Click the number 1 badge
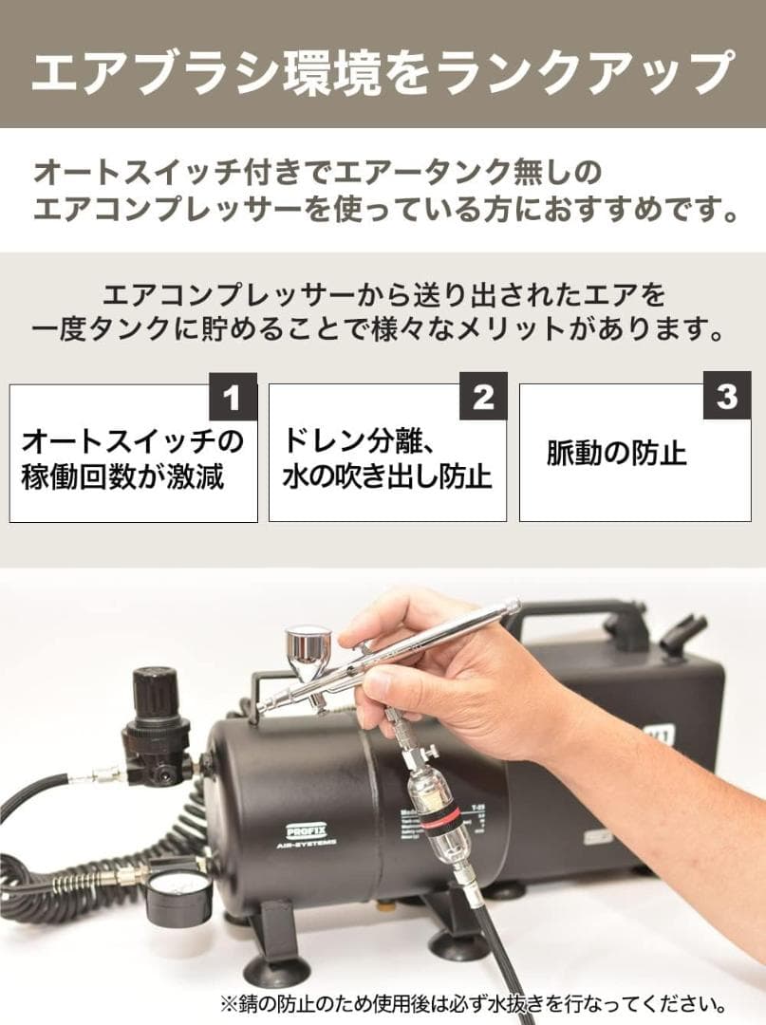coord(233,397)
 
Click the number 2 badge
coord(483,397)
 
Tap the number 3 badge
coord(727,397)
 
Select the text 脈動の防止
coord(616,453)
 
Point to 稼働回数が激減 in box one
coord(122,475)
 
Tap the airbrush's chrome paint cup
coord(308,650)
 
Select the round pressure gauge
coord(178,897)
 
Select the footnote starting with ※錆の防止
coord(474,1002)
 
